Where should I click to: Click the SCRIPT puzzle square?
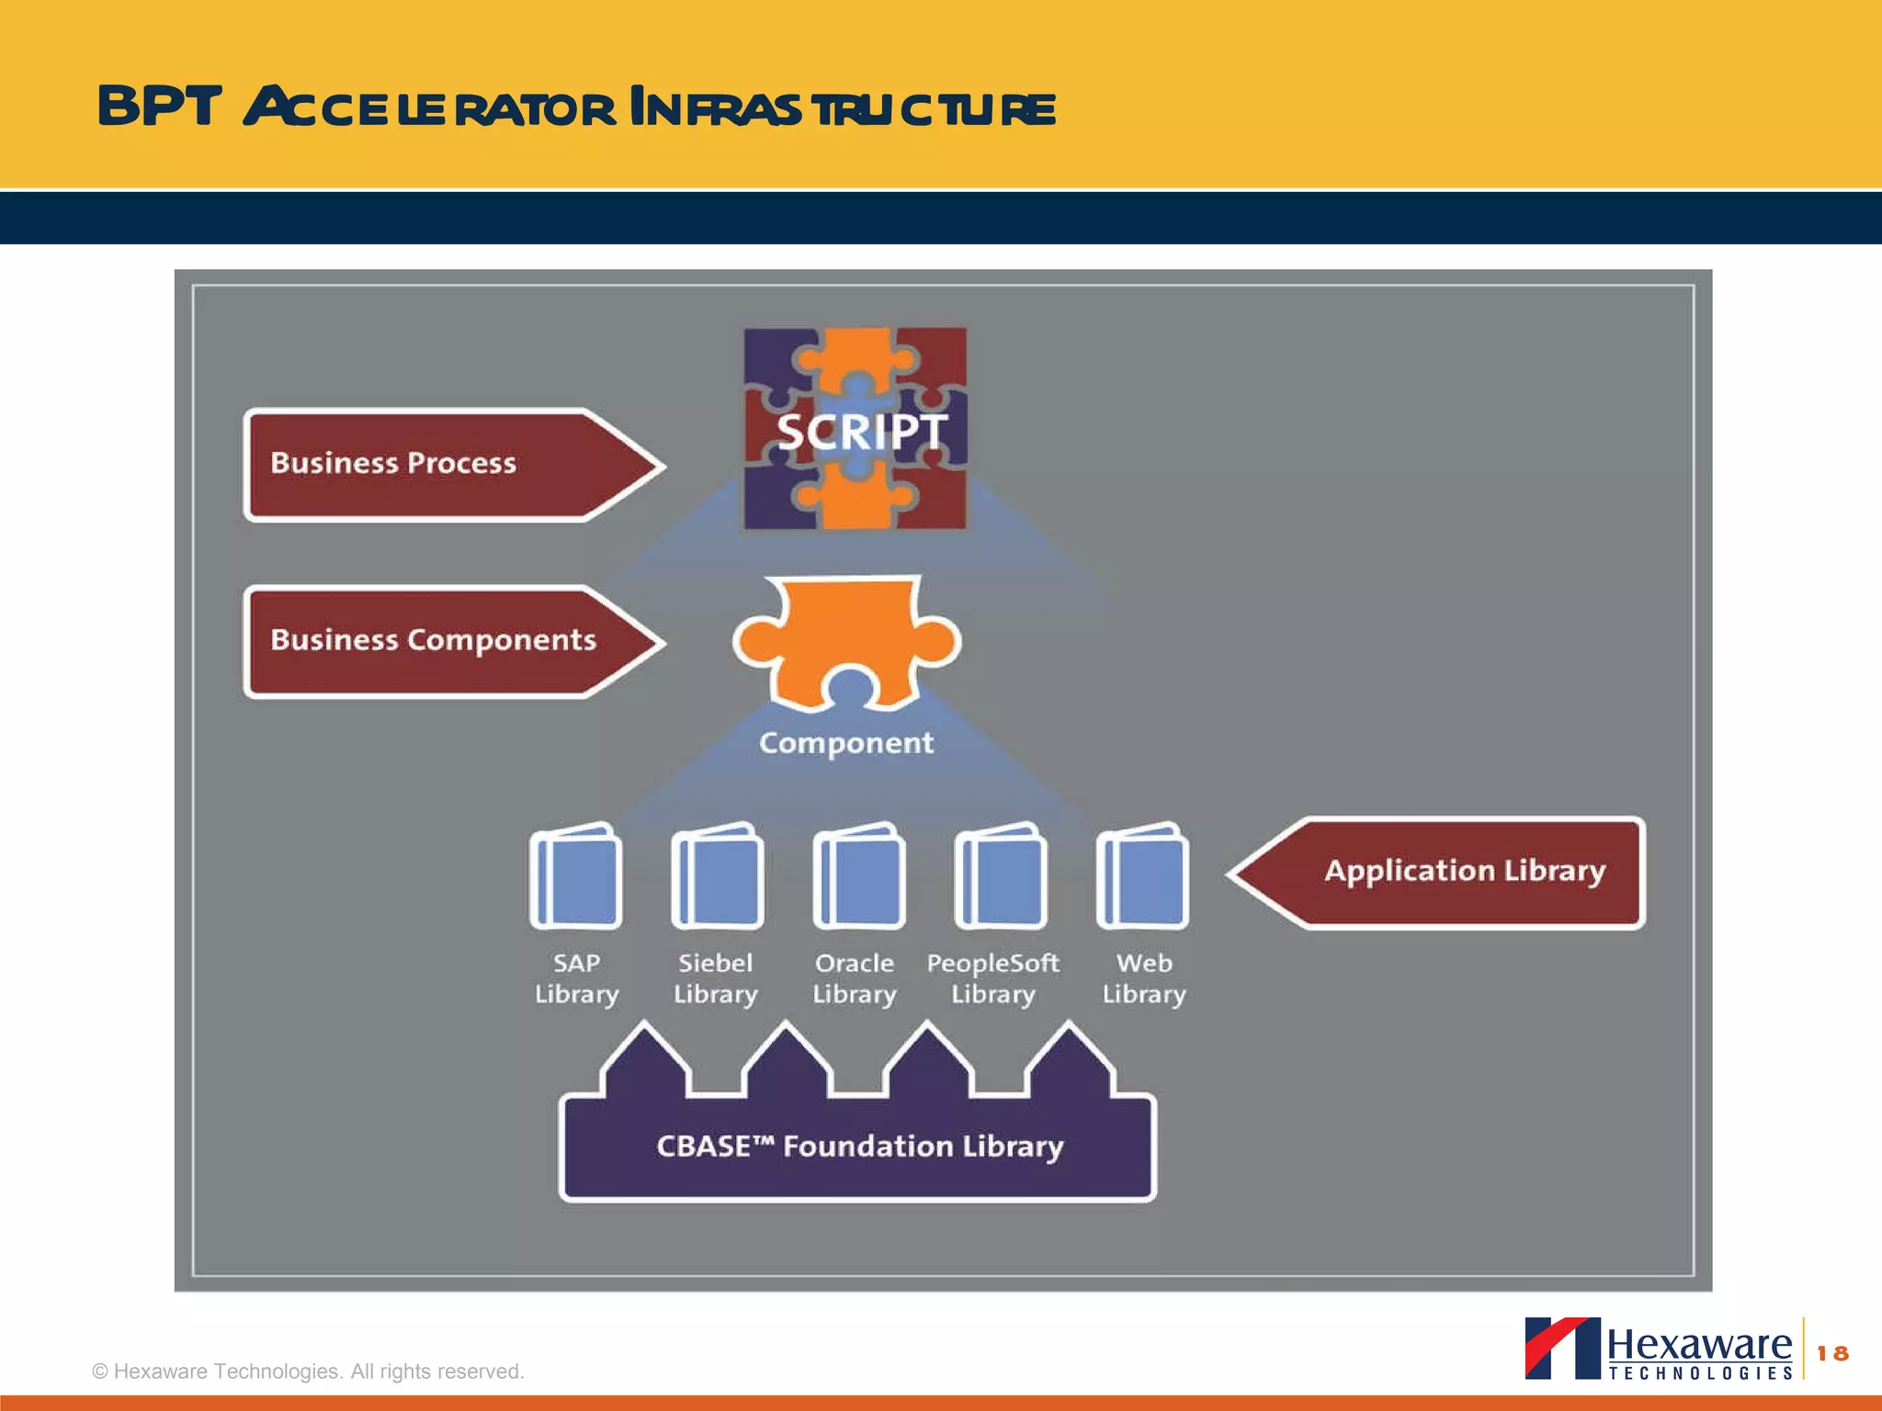pos(855,429)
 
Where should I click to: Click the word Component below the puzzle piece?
pos(845,742)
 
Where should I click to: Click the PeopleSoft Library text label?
pos(992,978)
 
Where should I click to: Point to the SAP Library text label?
pos(576,978)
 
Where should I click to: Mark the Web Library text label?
pos(1144,978)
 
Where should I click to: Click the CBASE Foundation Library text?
pos(859,1146)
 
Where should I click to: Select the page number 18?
pos(1832,1353)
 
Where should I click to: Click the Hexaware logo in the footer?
pos(1659,1349)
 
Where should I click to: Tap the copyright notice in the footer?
pos(308,1371)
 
